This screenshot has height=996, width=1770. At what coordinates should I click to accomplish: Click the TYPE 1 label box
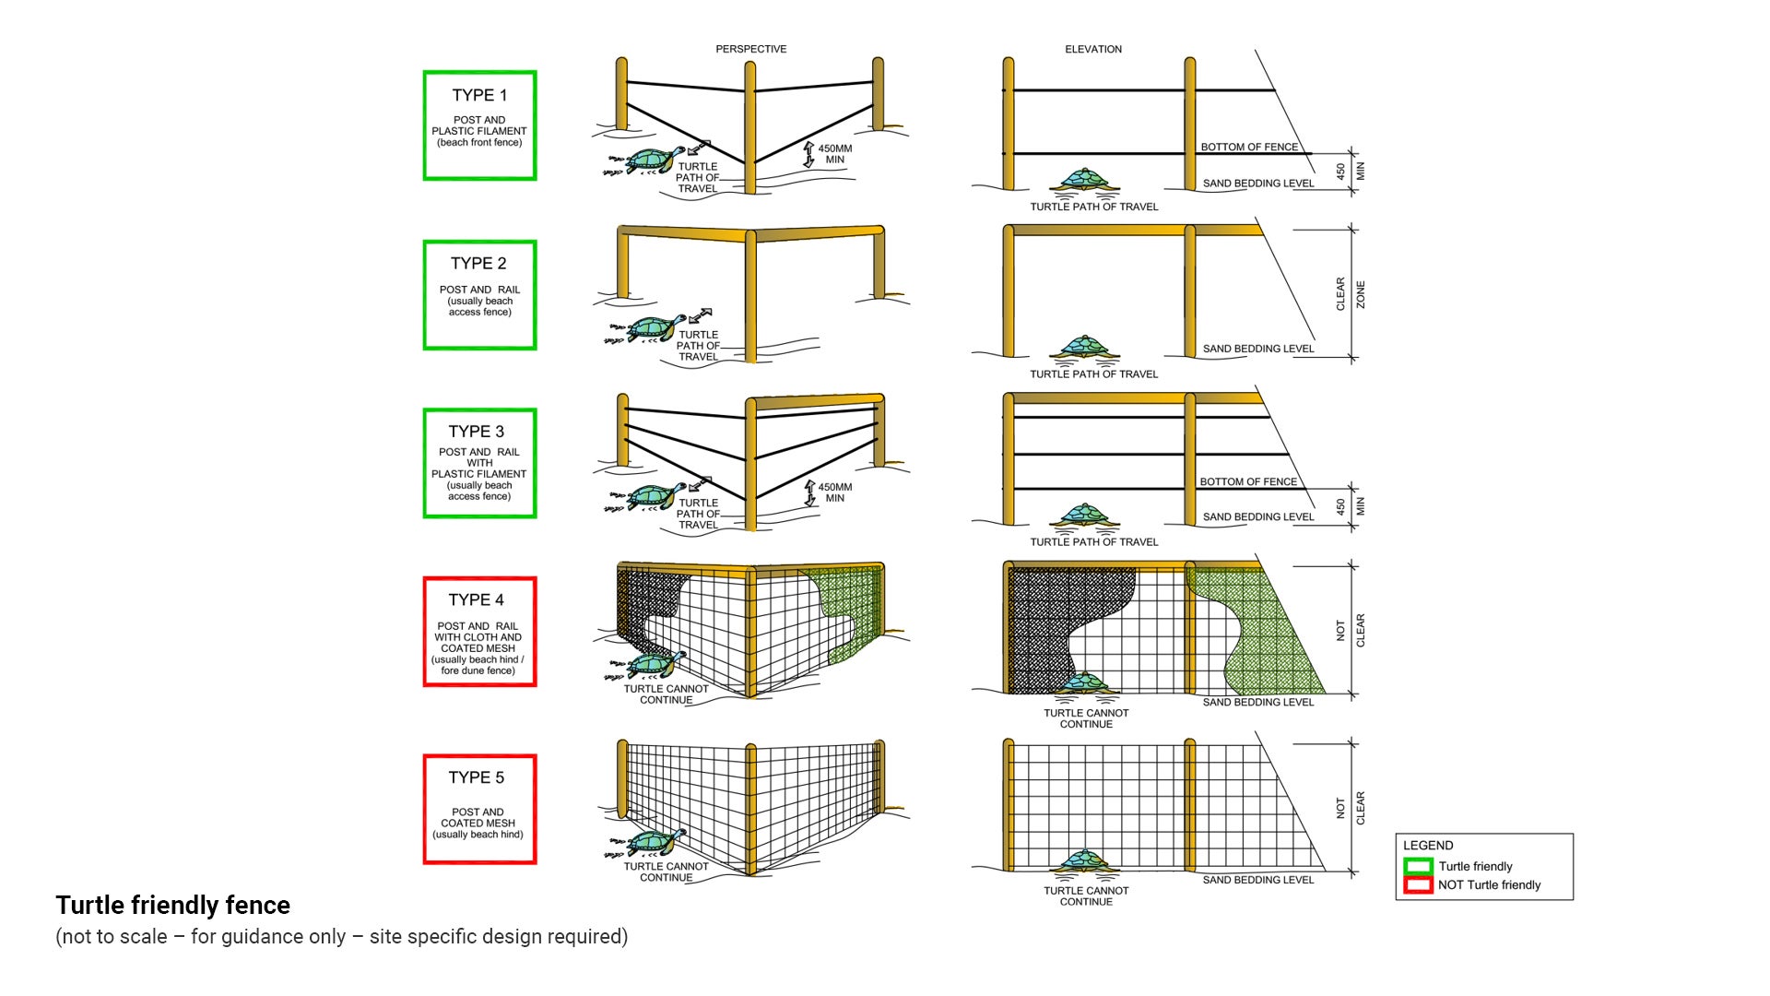[479, 125]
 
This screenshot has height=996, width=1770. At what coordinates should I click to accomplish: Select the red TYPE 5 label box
[479, 809]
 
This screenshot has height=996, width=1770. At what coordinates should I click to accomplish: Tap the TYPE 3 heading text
[476, 432]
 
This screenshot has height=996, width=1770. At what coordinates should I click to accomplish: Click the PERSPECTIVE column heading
[750, 49]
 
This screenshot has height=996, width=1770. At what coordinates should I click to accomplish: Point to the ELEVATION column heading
[1093, 49]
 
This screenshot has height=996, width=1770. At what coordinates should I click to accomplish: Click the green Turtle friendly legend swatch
[1418, 866]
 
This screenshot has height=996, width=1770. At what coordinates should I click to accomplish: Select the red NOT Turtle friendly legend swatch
[1418, 885]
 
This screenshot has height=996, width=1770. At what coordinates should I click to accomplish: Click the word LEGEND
[1428, 846]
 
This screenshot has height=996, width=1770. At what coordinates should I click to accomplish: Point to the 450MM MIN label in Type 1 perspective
[834, 154]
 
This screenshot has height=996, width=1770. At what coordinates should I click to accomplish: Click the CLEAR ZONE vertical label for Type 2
[1351, 294]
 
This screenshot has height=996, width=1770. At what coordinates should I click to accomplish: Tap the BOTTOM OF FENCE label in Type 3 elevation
[1247, 481]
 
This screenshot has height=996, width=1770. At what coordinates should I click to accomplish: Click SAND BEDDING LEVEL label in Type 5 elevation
[1257, 880]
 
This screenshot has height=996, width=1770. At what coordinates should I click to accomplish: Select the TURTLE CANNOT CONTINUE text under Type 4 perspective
[666, 694]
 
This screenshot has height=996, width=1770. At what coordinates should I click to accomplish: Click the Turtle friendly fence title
[172, 906]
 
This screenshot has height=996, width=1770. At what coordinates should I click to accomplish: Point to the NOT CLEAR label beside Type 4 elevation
[1351, 631]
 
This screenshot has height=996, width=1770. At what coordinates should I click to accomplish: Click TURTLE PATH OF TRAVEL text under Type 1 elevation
[1093, 207]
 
